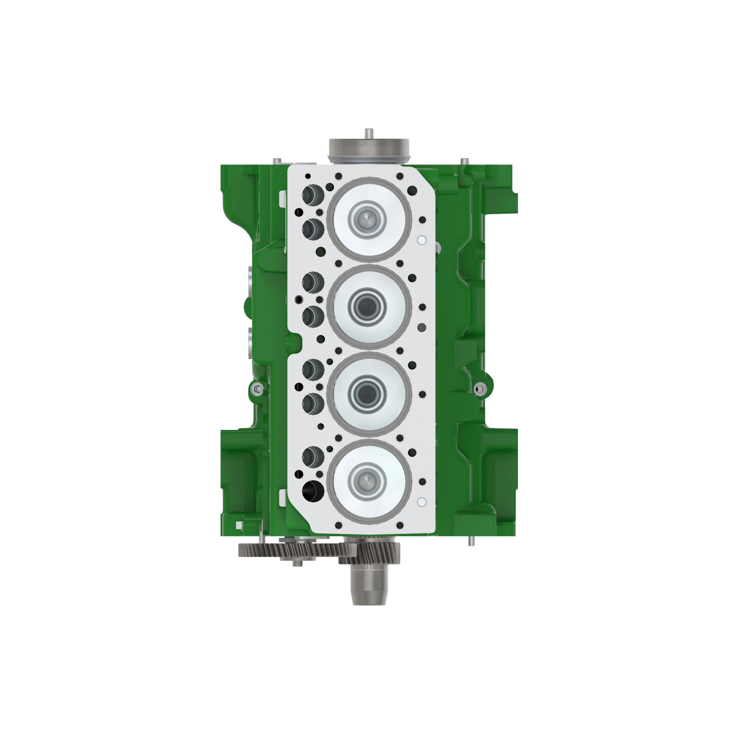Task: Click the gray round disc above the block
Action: click(x=369, y=149)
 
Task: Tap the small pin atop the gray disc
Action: click(x=369, y=134)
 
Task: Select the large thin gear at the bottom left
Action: click(x=289, y=550)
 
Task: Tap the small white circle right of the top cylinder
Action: click(x=422, y=240)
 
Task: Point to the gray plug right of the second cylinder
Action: click(x=422, y=327)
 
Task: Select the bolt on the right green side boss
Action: click(x=479, y=389)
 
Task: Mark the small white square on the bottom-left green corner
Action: click(x=239, y=526)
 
